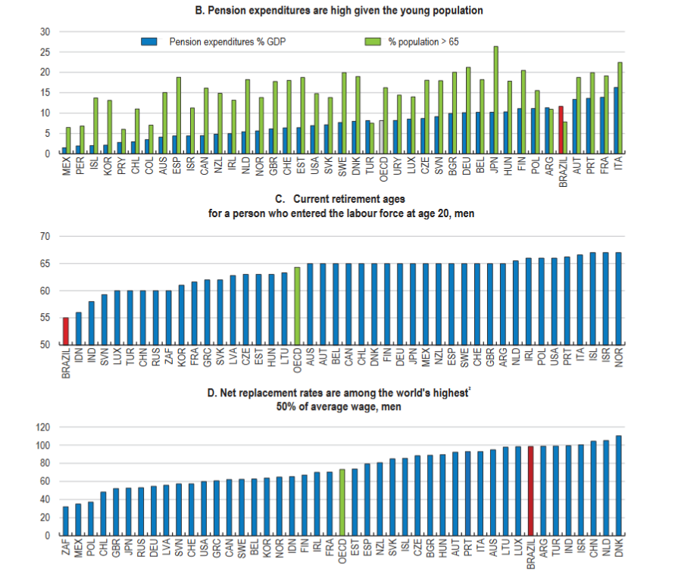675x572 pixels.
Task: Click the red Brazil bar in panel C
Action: [x=65, y=331]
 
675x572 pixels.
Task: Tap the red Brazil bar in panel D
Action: [x=530, y=491]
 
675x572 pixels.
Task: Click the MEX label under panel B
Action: [x=65, y=166]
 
